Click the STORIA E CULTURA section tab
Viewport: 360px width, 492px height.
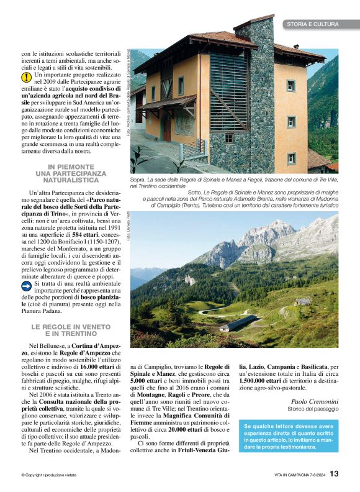[x=312, y=24]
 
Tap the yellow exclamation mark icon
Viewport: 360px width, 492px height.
[x=27, y=77]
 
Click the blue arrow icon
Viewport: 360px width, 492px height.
[x=27, y=286]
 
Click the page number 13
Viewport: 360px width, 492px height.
[x=335, y=473]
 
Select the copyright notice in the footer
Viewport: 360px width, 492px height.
[x=52, y=475]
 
